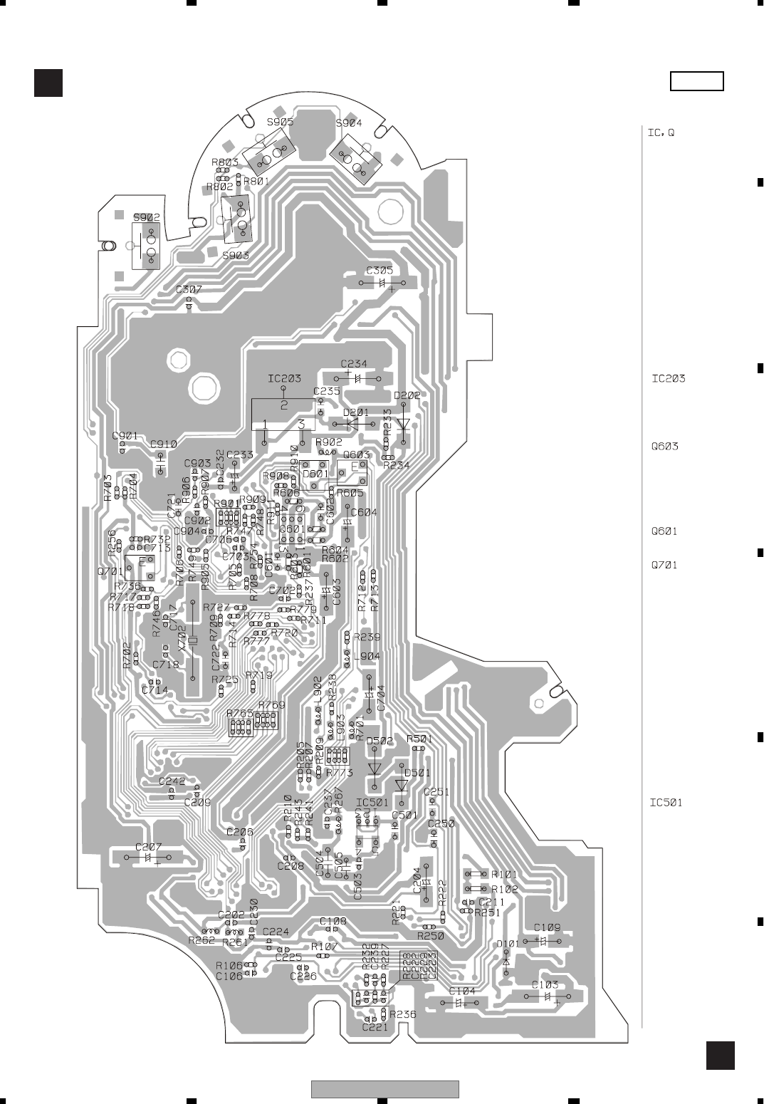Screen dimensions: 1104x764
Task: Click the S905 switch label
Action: (x=280, y=122)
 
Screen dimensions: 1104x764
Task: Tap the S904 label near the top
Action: (x=349, y=123)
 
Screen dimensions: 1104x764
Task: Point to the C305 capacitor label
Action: (x=380, y=270)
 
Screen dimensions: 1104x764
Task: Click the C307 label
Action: (x=189, y=290)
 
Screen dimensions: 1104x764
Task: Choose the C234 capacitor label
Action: (x=354, y=364)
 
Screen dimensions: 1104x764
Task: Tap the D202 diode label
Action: (x=407, y=395)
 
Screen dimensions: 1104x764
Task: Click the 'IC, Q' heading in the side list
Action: (x=661, y=132)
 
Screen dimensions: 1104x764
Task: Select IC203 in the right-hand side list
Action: (x=669, y=378)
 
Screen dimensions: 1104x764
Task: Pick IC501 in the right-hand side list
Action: (x=666, y=803)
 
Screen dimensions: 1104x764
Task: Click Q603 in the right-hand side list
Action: (x=664, y=447)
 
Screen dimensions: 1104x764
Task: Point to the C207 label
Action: (x=149, y=847)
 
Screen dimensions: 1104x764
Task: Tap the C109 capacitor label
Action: (x=547, y=927)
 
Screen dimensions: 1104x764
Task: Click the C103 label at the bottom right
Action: (x=545, y=985)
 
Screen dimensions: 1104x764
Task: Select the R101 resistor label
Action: (x=504, y=874)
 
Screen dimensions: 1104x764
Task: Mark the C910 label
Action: (x=164, y=444)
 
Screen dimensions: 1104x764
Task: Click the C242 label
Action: (x=172, y=781)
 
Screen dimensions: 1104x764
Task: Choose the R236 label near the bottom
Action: (x=402, y=1014)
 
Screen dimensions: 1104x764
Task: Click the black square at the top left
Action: (x=48, y=83)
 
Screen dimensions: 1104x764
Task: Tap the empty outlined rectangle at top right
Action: (x=697, y=82)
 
